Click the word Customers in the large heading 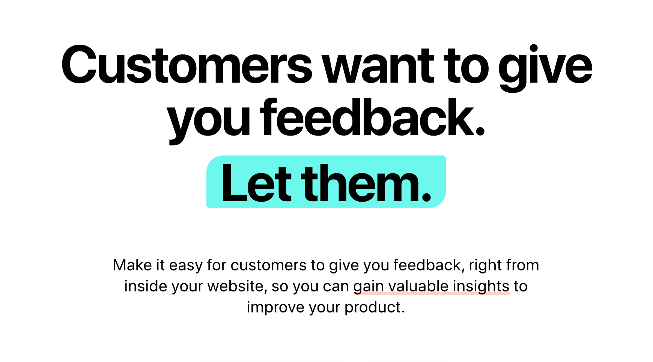coord(187,65)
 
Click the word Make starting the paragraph coord(132,265)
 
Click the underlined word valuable coord(418,286)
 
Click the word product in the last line coord(373,308)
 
